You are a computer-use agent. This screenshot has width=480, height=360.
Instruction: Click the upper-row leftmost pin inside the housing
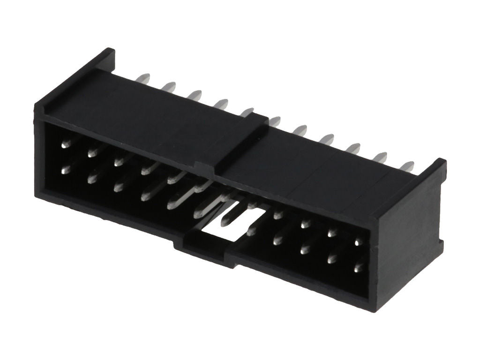point(66,143)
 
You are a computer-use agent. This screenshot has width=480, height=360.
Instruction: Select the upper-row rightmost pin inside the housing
point(359,242)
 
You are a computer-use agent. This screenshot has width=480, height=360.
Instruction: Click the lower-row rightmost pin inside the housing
point(359,268)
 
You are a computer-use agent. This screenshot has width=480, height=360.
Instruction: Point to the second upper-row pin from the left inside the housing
point(92,151)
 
